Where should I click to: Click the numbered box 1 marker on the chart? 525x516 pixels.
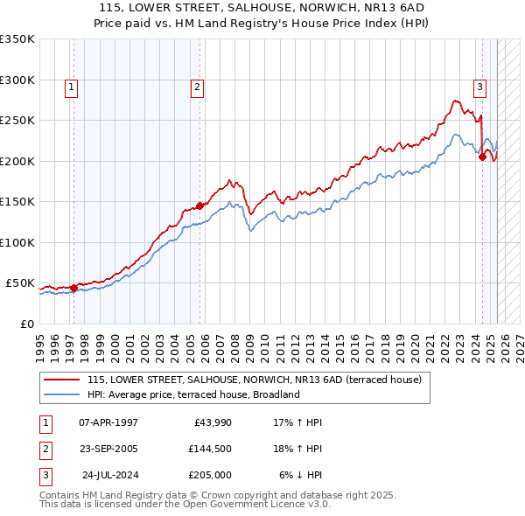point(70,87)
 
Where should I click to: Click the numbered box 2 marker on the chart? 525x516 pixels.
point(198,87)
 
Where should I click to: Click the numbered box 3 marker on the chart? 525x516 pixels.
point(480,87)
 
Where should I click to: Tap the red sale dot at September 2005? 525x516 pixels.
point(199,206)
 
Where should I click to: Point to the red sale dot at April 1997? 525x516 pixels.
point(73,288)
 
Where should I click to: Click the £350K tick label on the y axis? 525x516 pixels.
point(17,39)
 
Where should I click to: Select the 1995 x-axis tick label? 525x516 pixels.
point(39,345)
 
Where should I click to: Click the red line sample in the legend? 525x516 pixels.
point(62,380)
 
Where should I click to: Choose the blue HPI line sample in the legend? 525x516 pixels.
point(62,394)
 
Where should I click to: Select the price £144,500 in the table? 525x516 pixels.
point(209,450)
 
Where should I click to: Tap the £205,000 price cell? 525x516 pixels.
point(209,477)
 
